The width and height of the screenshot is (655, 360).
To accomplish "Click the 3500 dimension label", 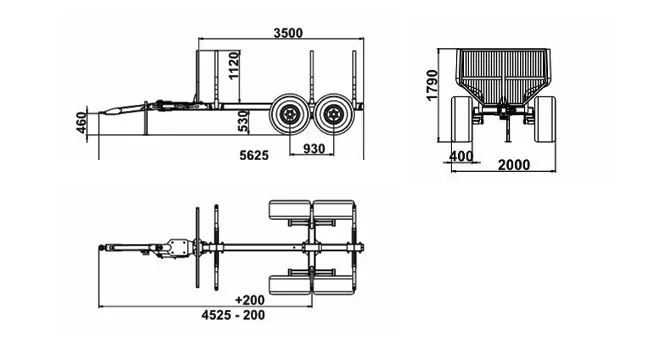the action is tap(288, 33).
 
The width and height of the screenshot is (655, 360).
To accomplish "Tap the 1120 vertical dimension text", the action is tap(234, 65).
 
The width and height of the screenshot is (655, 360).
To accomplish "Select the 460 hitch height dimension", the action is tap(81, 122).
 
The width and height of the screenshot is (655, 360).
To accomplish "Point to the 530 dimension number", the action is tap(244, 121).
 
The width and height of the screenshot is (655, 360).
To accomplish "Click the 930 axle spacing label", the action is tap(314, 149).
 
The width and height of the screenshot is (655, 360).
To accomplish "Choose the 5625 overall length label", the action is tap(254, 155).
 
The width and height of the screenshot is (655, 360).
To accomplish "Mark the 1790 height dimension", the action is tap(432, 86).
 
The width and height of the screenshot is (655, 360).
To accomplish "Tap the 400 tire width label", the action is tap(461, 157).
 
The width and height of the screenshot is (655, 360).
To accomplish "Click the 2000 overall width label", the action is tap(514, 165).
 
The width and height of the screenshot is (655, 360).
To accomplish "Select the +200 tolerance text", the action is tap(250, 300).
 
